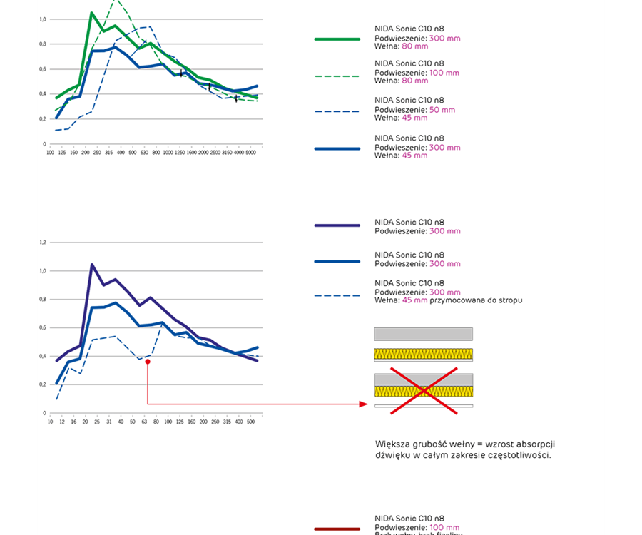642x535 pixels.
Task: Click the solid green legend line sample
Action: tap(337, 39)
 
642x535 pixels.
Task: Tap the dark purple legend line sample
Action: tap(337, 225)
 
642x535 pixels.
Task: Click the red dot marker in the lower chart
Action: tap(147, 362)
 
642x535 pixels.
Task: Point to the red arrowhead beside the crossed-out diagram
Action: tap(364, 404)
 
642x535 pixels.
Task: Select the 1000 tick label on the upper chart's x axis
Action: tap(168, 152)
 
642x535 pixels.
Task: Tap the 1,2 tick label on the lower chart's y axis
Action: tap(43, 243)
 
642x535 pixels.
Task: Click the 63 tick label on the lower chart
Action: tap(145, 422)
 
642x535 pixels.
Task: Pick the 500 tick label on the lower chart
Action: tap(250, 422)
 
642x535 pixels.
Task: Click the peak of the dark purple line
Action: tap(92, 265)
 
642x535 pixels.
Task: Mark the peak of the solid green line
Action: tap(92, 13)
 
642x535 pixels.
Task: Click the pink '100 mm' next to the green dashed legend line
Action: tap(444, 73)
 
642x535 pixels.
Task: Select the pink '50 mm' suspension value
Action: tap(442, 110)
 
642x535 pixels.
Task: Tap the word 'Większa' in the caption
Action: tap(392, 443)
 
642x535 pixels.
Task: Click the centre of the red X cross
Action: tap(424, 390)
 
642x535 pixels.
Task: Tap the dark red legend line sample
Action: tap(337, 529)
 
